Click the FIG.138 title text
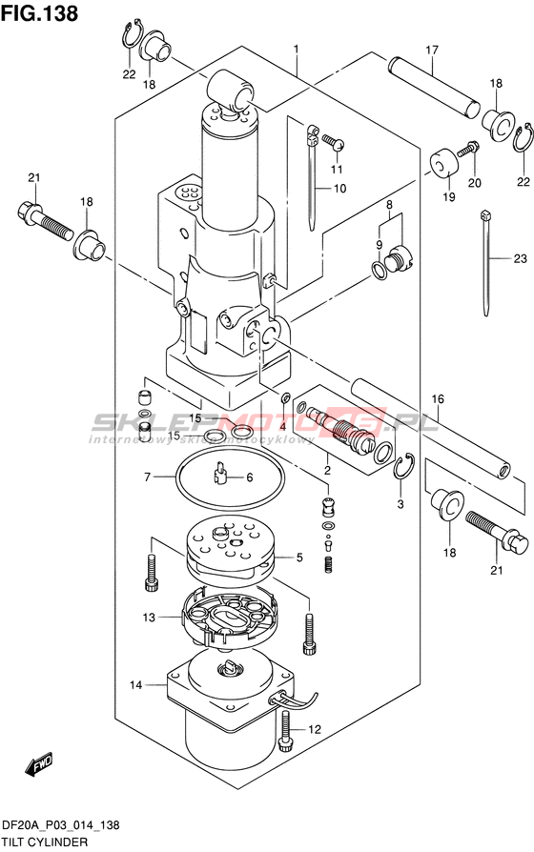point(39,13)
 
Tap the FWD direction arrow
point(38,765)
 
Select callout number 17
point(432,50)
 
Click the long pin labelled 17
point(434,87)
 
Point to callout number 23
point(521,258)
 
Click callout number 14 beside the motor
point(136,685)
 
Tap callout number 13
point(149,618)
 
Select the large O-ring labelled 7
point(230,477)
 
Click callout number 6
point(250,477)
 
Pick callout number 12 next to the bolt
point(315,729)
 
